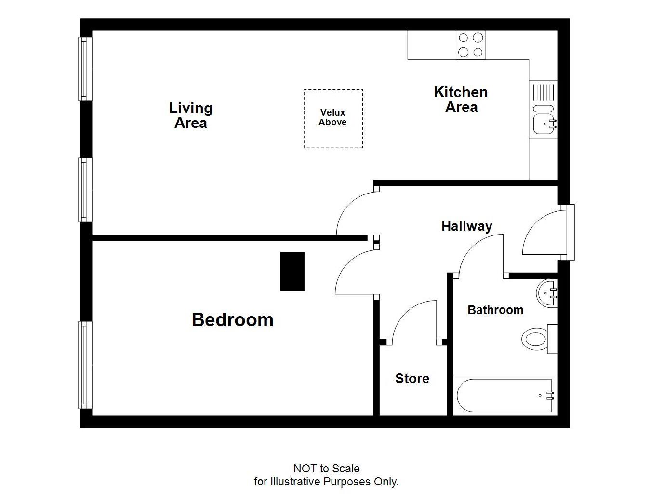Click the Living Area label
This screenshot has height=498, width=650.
pos(191,115)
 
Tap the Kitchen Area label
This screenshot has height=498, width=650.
pos(461,99)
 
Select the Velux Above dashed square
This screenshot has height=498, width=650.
pos(333,118)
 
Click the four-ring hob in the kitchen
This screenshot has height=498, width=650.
pos(470,45)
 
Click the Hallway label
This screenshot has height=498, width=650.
pos(466,226)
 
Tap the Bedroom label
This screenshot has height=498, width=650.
pos(232,320)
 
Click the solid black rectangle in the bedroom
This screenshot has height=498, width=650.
pos(292,271)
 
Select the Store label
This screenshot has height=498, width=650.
pos(412,379)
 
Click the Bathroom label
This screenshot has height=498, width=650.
pos(495,310)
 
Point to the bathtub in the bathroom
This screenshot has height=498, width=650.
pos(505,396)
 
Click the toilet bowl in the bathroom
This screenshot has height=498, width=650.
pos(535,339)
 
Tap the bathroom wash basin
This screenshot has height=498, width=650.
pos(547,292)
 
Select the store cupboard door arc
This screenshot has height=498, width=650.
pos(412,318)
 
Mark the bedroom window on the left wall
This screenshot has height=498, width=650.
pos(85,365)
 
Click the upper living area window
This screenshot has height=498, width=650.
pos(85,69)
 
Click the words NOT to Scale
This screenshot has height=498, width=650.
pos(326,469)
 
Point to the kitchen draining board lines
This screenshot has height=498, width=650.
pos(544,92)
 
